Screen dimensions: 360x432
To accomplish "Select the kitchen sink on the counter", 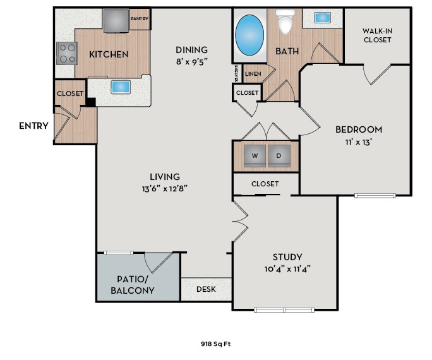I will (119, 87).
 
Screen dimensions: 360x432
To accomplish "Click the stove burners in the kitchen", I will (66, 53).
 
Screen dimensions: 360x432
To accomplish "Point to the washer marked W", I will (255, 155).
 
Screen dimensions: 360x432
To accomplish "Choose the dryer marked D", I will (279, 155).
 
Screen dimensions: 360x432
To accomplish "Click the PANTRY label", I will (140, 19).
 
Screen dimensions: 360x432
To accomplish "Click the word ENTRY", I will (33, 126).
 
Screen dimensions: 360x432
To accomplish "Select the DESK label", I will (206, 289).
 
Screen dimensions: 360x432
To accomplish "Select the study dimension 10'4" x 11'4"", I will (287, 268).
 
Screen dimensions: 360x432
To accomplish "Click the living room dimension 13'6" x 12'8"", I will (164, 188).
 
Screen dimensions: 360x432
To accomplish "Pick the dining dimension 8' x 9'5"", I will (191, 62).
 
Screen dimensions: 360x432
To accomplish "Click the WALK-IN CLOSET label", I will (376, 35).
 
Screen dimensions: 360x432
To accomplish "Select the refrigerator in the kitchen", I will (116, 20).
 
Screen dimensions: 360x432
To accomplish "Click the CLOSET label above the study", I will (265, 184).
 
